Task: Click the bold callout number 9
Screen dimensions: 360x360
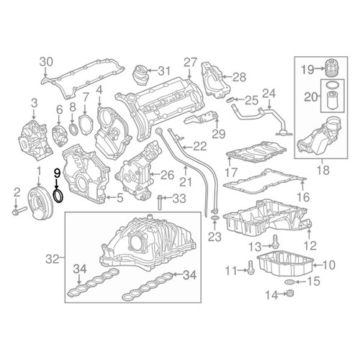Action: pos(57,173)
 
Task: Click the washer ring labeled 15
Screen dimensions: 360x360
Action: pos(288,282)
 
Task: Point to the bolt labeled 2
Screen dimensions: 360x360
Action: pos(19,211)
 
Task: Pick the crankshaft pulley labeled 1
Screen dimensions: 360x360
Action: pos(39,203)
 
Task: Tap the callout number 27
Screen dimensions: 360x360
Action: pos(191,63)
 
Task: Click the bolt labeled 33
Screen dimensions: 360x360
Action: pos(160,203)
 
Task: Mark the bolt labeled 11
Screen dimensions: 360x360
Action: pos(251,268)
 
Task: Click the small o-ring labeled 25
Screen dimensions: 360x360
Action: pos(230,99)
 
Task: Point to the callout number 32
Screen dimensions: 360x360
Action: pos(53,259)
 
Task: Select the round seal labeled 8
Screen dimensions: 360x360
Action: pos(73,128)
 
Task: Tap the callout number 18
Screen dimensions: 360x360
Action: pos(323,170)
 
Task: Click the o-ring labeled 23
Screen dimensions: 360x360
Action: pos(215,218)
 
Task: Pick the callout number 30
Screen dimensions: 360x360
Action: pos(46,62)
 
